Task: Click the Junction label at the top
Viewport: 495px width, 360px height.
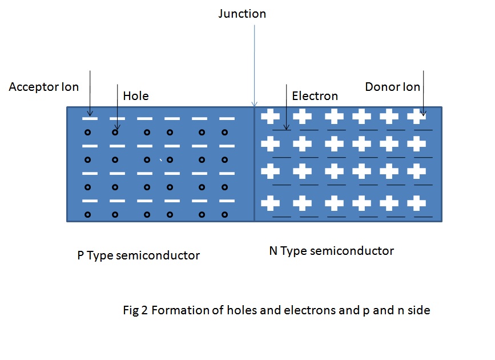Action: coord(242,14)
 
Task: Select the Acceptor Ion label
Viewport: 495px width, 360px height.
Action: coord(44,87)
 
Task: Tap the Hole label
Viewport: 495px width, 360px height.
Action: coord(136,96)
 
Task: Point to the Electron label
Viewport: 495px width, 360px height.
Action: coord(315,96)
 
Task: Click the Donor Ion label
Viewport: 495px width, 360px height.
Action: coord(392,87)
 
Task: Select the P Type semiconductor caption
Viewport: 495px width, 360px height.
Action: coord(139,255)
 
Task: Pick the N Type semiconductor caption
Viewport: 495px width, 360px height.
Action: coord(331,251)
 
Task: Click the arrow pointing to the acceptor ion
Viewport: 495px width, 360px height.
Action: coord(90,91)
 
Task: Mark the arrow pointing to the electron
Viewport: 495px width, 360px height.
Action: coord(286,106)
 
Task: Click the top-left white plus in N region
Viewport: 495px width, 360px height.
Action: coord(270,117)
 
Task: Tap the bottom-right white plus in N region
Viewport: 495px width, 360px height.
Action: coord(417,203)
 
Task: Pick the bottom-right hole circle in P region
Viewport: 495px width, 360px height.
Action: coord(224,215)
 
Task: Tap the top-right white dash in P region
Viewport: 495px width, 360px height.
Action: coord(227,119)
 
